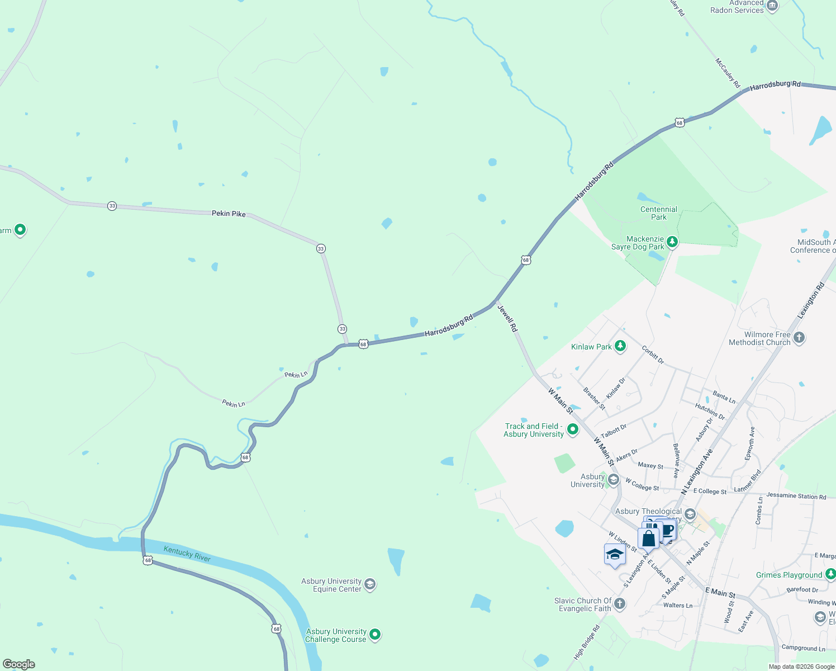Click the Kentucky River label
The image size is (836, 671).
[x=187, y=554]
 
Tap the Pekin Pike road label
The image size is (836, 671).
[x=229, y=214]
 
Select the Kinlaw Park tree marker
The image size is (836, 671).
[x=620, y=346]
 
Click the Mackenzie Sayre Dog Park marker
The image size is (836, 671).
[x=672, y=242]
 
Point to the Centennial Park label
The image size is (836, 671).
[x=658, y=213]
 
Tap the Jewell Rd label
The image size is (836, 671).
[x=507, y=318]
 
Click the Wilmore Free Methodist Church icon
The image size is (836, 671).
[x=799, y=337]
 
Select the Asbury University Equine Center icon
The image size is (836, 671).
[x=369, y=584]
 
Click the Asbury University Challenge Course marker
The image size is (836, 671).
[x=375, y=634]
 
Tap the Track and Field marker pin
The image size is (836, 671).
[x=572, y=429]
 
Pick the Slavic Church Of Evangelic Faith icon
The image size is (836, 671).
[x=619, y=603]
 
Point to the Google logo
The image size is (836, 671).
[x=19, y=664]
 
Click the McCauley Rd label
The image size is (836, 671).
[x=728, y=73]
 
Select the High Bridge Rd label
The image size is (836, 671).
[x=587, y=641]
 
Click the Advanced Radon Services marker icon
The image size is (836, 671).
[x=772, y=6]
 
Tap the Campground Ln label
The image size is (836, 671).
[x=803, y=648]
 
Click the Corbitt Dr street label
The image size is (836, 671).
[x=653, y=355]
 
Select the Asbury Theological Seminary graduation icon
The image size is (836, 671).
[x=690, y=514]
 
